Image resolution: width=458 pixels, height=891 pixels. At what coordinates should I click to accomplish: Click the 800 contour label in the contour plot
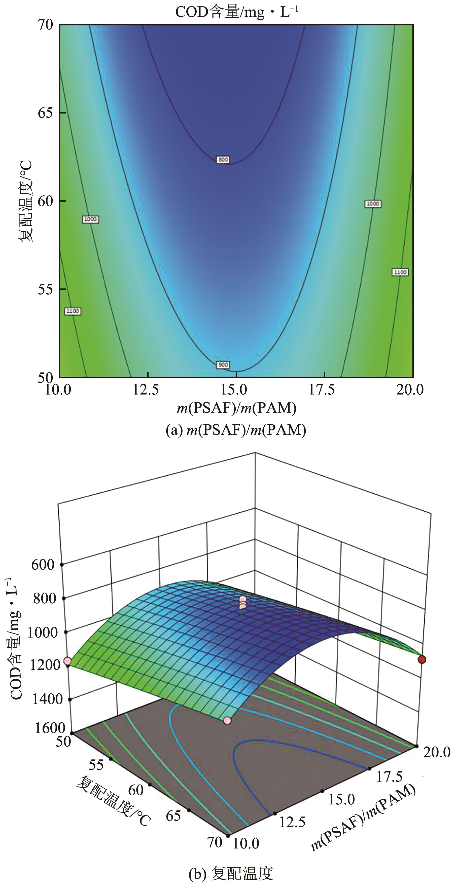(x=223, y=160)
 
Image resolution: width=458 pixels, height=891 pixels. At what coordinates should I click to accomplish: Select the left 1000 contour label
(x=90, y=219)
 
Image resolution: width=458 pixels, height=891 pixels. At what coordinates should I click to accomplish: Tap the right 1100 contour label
(x=400, y=272)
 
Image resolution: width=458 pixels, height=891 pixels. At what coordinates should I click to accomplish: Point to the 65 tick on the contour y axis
(x=45, y=113)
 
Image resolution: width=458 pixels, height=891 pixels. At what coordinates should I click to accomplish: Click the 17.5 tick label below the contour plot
(x=322, y=390)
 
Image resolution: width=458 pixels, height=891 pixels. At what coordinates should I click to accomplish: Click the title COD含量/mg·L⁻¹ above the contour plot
(x=237, y=12)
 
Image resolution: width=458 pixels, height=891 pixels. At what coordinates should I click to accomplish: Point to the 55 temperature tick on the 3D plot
(x=96, y=765)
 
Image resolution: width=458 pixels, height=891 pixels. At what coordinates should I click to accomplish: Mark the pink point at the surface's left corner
(x=67, y=661)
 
